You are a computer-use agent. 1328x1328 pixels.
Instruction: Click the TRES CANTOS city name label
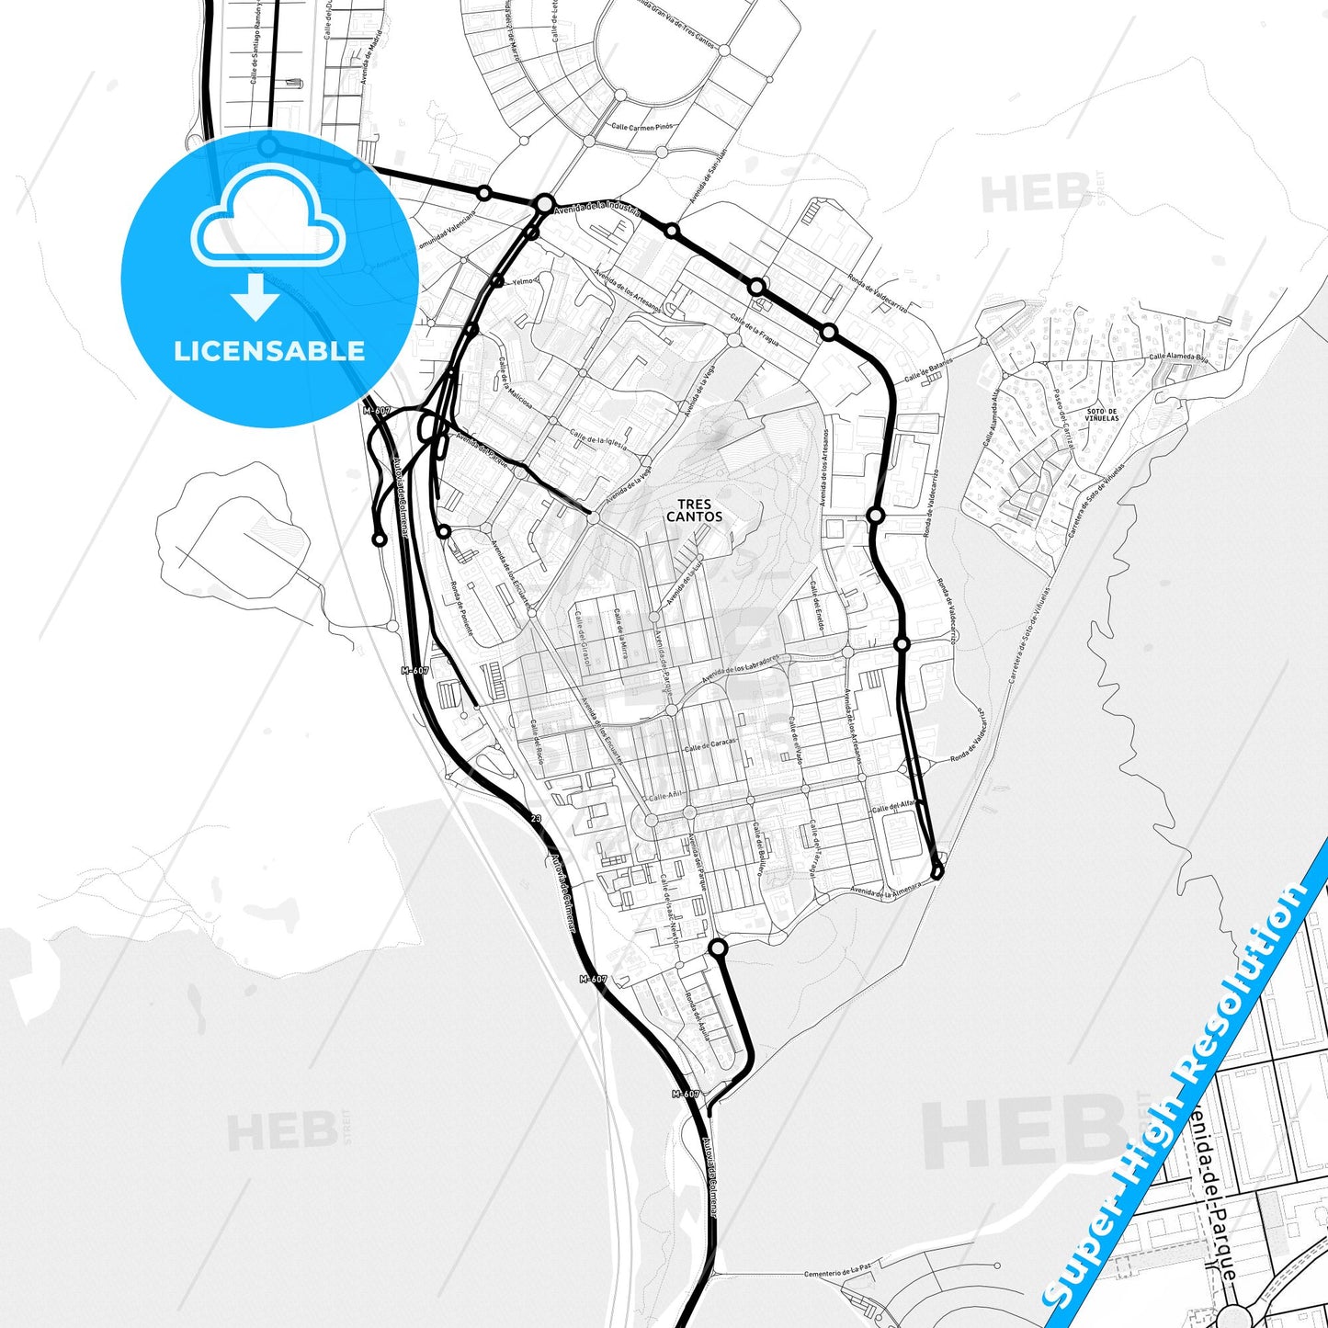pos(694,510)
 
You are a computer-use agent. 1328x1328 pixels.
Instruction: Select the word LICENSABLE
pos(269,350)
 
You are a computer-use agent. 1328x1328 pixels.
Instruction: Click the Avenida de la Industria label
pos(598,208)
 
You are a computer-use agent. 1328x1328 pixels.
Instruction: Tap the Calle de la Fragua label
pos(755,331)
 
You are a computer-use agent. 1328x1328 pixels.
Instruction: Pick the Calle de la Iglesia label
pos(598,438)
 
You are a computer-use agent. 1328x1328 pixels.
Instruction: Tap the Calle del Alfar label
pos(893,806)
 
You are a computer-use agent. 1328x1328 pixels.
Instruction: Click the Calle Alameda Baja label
pos(1177,356)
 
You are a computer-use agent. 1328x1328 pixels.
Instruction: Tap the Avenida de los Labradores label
pos(741,669)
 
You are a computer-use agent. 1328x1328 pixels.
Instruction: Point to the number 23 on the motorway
pos(537,818)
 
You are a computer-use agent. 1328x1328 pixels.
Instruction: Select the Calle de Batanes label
pos(928,370)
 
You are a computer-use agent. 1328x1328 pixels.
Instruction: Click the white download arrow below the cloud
pos(256,297)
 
